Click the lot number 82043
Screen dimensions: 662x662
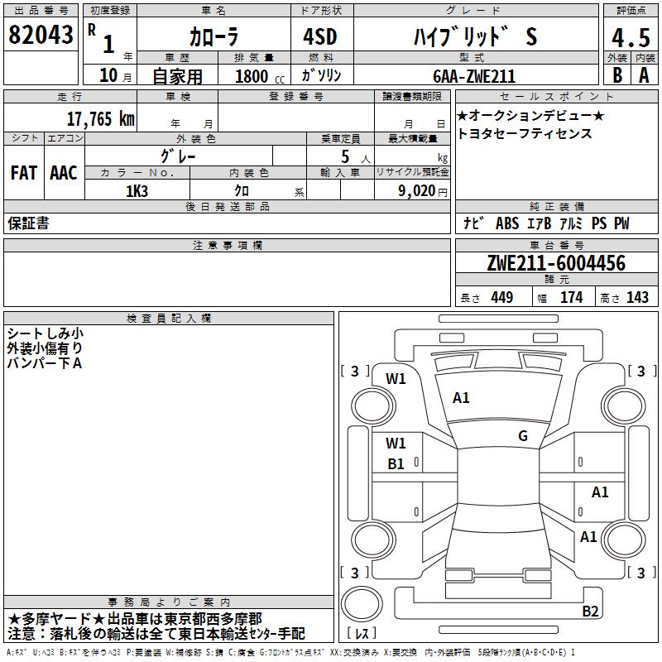[x=41, y=36]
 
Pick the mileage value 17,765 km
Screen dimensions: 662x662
[x=99, y=118]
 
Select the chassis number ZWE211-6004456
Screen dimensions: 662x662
[x=555, y=264]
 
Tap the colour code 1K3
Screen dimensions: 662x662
[x=137, y=191]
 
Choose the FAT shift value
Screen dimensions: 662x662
[x=24, y=173]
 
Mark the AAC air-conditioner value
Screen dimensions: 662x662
[x=63, y=173]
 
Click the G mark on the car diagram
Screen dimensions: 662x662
[x=523, y=436]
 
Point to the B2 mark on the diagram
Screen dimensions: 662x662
[x=590, y=612]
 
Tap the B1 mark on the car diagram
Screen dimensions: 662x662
[x=396, y=464]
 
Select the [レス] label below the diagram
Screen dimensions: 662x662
[x=362, y=634]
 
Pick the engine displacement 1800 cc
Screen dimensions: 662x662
[x=257, y=76]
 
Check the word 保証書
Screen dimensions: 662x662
[x=28, y=223]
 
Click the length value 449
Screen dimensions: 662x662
[x=502, y=298]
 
